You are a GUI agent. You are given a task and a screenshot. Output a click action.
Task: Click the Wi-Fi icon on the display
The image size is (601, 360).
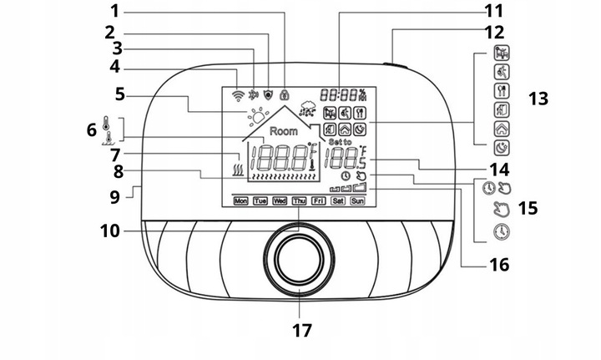[238, 95]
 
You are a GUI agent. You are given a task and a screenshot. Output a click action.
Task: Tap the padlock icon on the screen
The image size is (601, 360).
[284, 95]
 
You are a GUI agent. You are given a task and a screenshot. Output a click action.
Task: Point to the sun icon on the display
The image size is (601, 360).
[256, 116]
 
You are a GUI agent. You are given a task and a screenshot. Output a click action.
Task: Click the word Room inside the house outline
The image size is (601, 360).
[283, 131]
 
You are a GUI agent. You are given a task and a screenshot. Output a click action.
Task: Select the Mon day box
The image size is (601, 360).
[242, 200]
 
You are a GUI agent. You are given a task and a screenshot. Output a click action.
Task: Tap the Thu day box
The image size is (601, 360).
[299, 200]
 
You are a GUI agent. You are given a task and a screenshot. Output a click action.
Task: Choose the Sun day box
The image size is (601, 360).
[357, 200]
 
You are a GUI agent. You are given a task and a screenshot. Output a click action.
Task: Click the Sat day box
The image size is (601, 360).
[338, 200]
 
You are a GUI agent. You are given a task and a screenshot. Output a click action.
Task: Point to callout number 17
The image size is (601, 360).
[301, 330]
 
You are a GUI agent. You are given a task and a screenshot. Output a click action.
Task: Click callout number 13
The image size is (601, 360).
[538, 99]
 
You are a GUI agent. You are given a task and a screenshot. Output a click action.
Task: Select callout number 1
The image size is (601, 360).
[114, 11]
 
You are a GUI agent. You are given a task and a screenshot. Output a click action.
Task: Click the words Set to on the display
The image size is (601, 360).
[340, 143]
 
